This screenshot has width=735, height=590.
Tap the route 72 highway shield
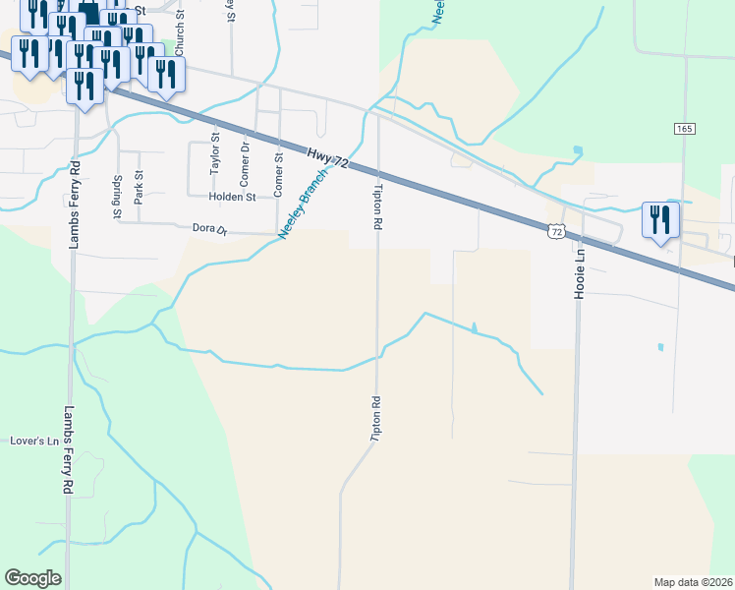coord(556,231)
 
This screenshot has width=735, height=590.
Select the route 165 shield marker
coord(685,129)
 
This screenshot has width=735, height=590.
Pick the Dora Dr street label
coord(208,230)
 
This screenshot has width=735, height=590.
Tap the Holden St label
coord(232,197)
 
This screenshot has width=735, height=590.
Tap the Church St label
coord(180,38)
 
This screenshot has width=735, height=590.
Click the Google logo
coord(32,578)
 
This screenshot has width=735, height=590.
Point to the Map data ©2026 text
coord(693,581)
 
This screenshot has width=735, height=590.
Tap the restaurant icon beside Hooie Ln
coord(660,221)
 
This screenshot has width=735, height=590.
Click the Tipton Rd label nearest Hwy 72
coord(376,206)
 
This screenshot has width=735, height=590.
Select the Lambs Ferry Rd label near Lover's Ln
coord(68,449)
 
